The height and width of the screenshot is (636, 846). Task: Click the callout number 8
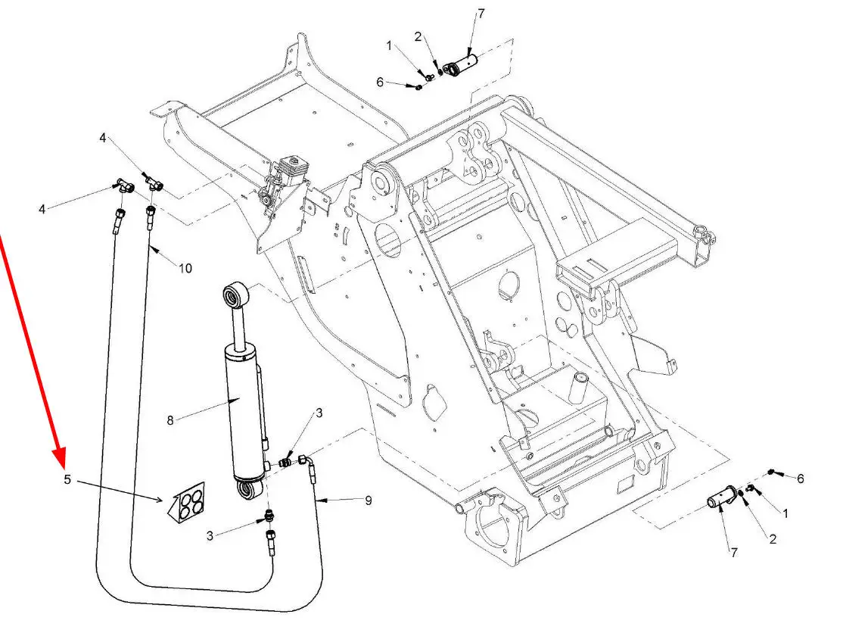[170, 420]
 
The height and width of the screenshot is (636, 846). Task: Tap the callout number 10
[185, 268]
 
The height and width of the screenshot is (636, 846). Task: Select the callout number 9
[369, 500]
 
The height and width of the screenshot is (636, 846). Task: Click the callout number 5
[67, 479]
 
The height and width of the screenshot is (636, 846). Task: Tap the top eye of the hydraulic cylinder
[236, 295]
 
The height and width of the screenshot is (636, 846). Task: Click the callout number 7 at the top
[481, 14]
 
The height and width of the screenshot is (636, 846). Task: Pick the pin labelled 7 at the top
[459, 66]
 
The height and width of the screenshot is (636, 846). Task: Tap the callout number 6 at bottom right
[800, 479]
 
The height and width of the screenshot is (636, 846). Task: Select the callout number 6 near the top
[380, 82]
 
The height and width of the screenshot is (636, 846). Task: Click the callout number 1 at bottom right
[785, 513]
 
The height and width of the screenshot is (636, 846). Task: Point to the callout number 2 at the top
[418, 36]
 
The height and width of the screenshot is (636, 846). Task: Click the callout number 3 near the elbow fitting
[319, 413]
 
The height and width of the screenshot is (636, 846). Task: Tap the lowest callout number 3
[210, 535]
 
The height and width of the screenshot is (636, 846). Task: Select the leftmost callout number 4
[42, 208]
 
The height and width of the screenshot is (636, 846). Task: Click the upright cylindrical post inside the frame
[580, 387]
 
